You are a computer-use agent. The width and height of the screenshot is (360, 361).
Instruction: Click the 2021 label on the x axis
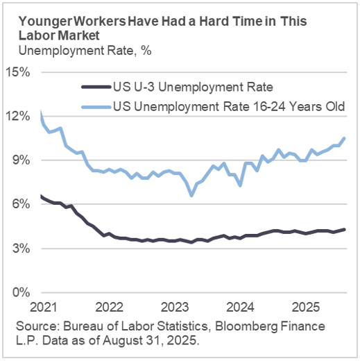(x=42, y=306)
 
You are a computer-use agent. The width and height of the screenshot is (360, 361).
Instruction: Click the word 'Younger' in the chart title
(x=42, y=21)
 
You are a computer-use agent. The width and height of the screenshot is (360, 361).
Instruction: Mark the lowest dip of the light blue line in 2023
(x=191, y=196)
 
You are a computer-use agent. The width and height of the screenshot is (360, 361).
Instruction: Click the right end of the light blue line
(x=345, y=138)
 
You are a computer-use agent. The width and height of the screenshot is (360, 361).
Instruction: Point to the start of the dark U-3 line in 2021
(x=42, y=196)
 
